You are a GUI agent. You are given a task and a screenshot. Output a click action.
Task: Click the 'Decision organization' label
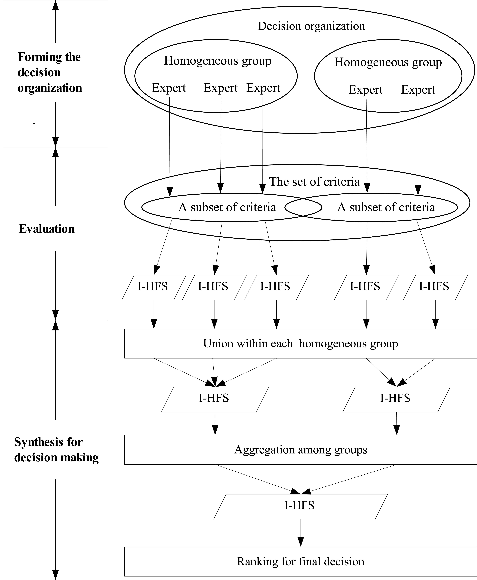point(311,26)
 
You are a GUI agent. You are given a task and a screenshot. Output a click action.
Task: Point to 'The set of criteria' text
point(314,182)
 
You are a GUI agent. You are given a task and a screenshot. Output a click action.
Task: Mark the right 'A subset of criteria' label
point(386,207)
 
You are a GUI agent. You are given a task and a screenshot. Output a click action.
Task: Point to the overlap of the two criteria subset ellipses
point(303,207)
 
